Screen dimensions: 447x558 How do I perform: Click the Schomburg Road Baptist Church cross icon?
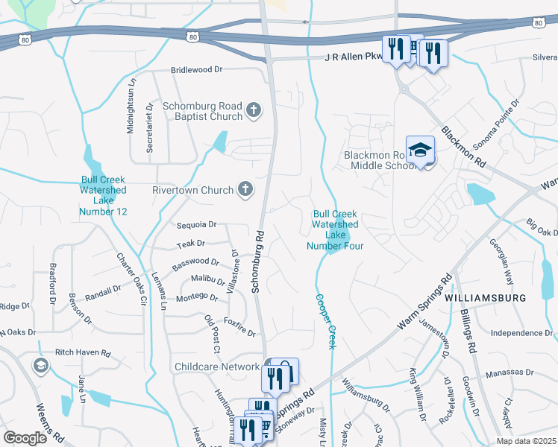[x=254, y=111]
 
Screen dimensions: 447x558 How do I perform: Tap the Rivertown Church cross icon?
[x=245, y=190]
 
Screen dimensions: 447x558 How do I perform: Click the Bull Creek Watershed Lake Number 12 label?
[x=104, y=196]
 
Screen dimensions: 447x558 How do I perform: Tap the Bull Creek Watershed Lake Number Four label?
[x=336, y=229]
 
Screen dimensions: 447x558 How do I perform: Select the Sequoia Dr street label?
[x=196, y=224]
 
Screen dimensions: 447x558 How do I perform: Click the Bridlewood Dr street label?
[x=197, y=69]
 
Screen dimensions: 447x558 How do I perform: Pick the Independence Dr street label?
[x=521, y=333]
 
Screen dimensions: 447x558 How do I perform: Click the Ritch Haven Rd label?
[x=83, y=352]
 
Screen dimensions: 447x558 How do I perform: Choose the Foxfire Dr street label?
[x=239, y=328]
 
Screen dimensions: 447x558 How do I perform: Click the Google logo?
[x=25, y=438]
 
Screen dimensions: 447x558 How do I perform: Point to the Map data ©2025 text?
[x=527, y=441]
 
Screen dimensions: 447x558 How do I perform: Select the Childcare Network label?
[x=217, y=367]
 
